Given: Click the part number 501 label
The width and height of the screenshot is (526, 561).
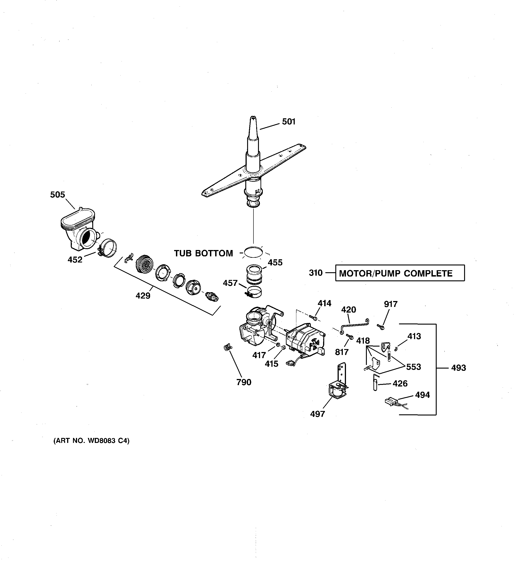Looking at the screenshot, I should (x=289, y=122).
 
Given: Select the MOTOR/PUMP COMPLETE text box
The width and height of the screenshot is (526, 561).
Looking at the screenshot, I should (x=399, y=273).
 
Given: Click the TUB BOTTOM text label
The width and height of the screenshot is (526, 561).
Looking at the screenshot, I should (x=203, y=253).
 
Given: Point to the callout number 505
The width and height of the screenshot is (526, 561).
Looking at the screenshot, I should (x=58, y=194).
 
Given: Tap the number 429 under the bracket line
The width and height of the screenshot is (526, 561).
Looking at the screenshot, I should (x=143, y=296).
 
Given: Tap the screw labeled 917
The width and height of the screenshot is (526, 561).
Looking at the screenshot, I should (x=381, y=326).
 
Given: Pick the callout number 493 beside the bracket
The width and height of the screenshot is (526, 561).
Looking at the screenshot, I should (x=458, y=368).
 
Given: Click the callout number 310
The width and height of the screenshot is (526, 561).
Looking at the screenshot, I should (x=315, y=273).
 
